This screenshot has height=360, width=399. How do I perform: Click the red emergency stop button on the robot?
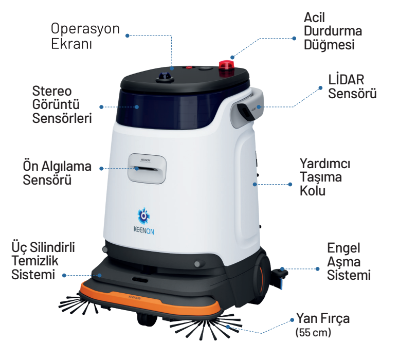coord(226,66)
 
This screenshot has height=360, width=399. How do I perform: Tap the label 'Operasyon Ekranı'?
coord(85,36)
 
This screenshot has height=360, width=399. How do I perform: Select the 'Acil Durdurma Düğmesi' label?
coord(333,31)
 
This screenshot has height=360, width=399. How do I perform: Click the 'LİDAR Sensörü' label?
coord(352,87)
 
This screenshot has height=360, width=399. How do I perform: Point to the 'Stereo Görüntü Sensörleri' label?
coord(62,104)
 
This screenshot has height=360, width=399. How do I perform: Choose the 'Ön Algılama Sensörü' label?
coord(57,173)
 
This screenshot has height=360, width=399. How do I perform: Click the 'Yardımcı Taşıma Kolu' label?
coord(325,177)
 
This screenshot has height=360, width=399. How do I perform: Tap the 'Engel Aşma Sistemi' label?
coord(349,261)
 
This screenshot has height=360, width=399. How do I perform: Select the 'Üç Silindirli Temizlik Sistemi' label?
coord(43,261)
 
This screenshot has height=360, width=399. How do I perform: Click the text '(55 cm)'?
coord(313,332)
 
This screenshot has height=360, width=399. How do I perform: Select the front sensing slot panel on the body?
coord(147,168)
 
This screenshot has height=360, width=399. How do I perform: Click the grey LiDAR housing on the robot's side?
coord(247,107)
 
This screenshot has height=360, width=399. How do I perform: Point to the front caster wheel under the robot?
coord(146,319)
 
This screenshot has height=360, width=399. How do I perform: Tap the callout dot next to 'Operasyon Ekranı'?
coord(127,35)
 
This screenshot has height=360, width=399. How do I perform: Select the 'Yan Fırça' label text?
coord(323,319)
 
